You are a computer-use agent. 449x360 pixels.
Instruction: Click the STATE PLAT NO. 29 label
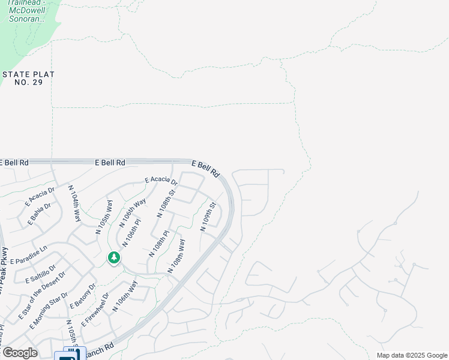point(29,78)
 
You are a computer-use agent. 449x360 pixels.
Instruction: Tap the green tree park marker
point(113,258)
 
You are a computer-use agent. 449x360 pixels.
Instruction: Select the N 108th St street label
point(166,203)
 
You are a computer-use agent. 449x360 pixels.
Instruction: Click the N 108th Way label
point(178,256)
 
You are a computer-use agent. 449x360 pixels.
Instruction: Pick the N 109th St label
point(209,218)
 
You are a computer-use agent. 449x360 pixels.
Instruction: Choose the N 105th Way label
point(104,216)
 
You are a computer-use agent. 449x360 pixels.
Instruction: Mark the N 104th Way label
point(74,204)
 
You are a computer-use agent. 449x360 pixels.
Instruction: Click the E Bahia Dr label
point(40,214)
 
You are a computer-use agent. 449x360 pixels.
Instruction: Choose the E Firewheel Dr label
point(95,310)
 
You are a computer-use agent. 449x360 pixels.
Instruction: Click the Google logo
point(20,353)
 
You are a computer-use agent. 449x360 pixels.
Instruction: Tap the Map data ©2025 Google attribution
point(411,355)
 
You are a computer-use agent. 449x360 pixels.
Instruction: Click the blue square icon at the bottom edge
point(70,355)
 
